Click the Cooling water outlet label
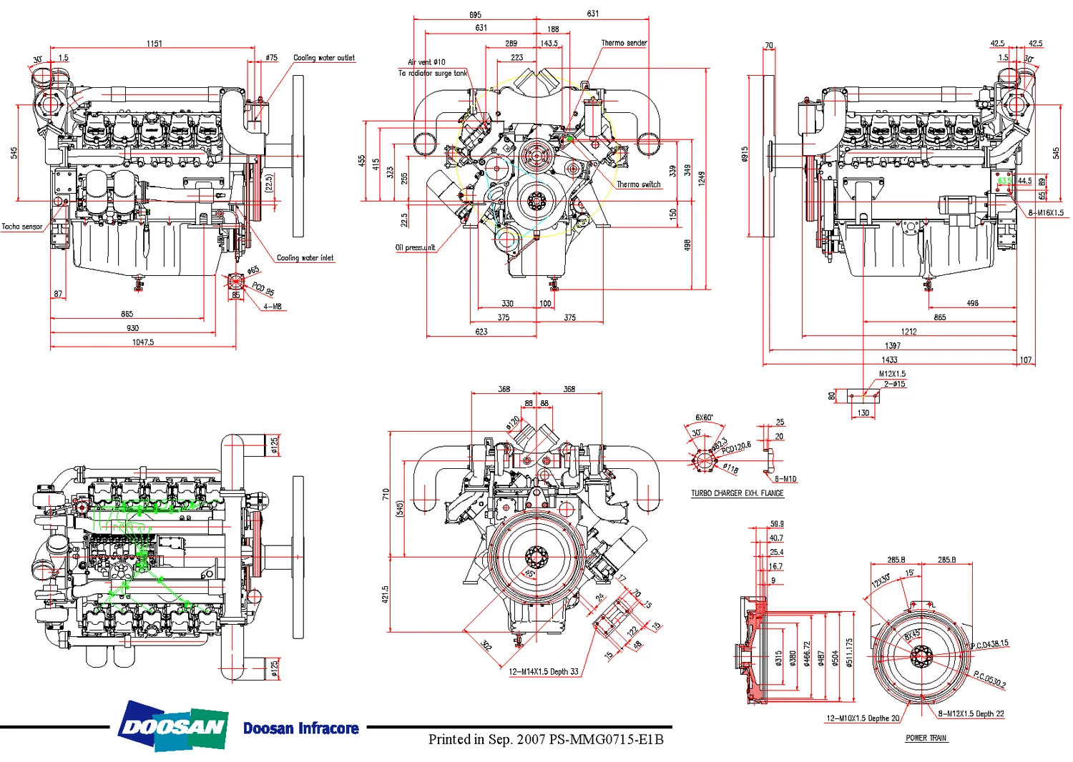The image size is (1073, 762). (323, 58)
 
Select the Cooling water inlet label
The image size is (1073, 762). (305, 258)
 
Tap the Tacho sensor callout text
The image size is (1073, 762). (21, 227)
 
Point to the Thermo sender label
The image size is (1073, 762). (624, 43)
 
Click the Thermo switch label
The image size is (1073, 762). (639, 184)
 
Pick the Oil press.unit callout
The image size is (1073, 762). (415, 248)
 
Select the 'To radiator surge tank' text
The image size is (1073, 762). (432, 73)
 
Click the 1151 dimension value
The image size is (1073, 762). (155, 44)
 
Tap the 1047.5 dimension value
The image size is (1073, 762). (143, 342)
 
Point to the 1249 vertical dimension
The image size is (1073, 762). (702, 179)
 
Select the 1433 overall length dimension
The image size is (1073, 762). (889, 360)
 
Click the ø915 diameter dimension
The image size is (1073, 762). (745, 154)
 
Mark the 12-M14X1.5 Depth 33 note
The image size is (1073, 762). (544, 672)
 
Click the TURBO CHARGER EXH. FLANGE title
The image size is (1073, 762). (737, 493)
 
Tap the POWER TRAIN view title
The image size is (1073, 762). (926, 738)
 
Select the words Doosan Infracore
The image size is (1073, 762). (300, 728)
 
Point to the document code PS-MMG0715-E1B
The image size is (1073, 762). (606, 740)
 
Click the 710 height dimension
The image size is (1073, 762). (386, 494)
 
